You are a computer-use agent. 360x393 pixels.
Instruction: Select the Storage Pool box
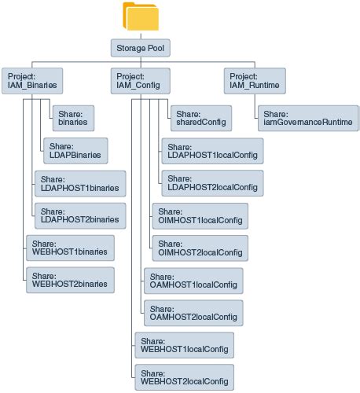click(140, 49)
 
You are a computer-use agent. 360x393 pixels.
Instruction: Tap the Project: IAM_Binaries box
click(31, 79)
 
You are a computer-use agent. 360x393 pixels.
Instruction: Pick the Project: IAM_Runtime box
click(252, 79)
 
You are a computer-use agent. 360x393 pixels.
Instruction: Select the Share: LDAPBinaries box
click(75, 150)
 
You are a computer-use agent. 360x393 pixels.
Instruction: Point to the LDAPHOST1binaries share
click(79, 183)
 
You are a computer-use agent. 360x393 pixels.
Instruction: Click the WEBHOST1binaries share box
click(71, 248)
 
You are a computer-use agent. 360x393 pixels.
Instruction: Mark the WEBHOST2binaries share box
click(71, 280)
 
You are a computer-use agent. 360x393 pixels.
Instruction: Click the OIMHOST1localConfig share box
click(199, 215)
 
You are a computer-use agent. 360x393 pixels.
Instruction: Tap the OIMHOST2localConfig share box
click(199, 248)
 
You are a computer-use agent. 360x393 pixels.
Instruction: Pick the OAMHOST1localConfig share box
click(193, 280)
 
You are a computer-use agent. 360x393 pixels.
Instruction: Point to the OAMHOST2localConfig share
click(193, 313)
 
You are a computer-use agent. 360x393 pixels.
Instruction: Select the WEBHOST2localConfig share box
click(186, 376)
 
